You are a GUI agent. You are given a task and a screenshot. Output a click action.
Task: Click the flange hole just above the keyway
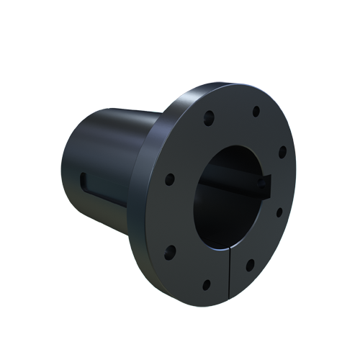282,152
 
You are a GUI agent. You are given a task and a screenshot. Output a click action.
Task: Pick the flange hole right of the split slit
250,265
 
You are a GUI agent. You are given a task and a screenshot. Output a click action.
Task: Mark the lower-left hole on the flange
171,251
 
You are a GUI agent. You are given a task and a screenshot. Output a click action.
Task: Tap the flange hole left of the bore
170,179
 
